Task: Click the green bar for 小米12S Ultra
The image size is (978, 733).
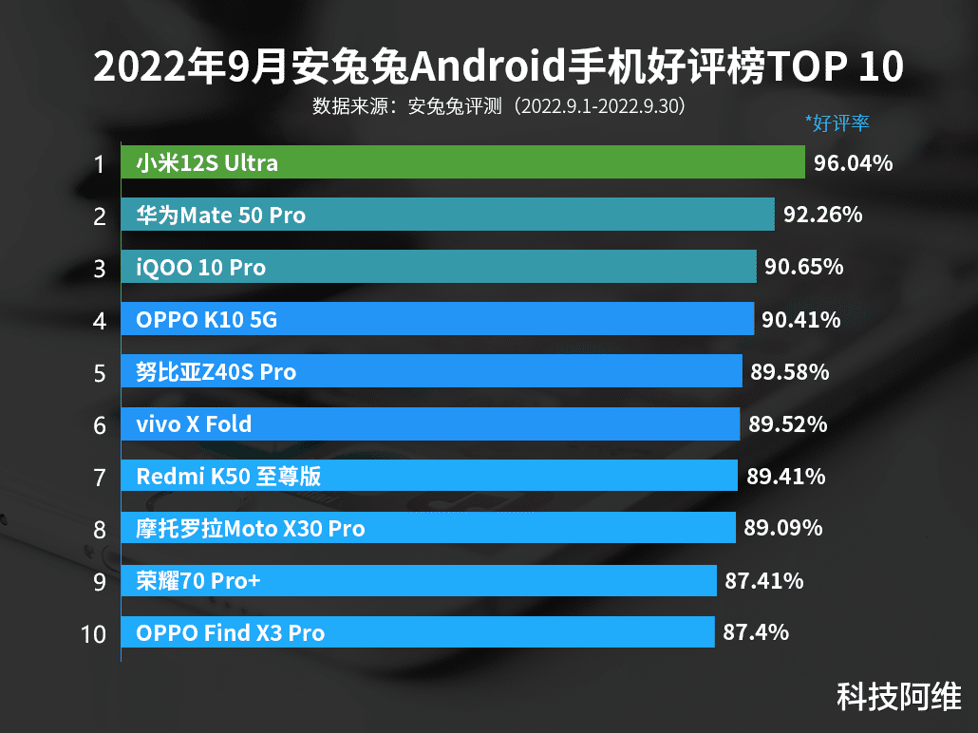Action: click(x=462, y=163)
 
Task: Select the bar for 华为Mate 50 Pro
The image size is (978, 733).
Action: click(x=447, y=216)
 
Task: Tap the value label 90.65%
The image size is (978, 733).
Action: click(x=804, y=268)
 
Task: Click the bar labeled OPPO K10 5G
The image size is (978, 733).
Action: click(x=437, y=320)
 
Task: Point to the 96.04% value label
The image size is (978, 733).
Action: click(x=853, y=163)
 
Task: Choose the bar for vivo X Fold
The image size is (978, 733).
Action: click(x=430, y=423)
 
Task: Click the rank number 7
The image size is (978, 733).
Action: click(x=100, y=477)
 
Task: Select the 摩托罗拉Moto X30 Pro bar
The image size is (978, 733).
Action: click(x=427, y=528)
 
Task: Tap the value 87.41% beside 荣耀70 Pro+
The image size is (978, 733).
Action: click(x=763, y=580)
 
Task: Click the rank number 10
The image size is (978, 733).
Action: click(x=94, y=633)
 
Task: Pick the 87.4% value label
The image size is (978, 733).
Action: click(x=756, y=631)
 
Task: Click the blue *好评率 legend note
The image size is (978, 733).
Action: click(x=837, y=122)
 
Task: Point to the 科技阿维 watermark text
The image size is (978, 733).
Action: click(x=898, y=696)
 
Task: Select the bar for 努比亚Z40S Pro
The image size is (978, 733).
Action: click(x=431, y=372)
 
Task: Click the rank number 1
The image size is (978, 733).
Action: click(x=99, y=164)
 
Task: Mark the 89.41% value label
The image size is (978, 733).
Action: click(x=785, y=476)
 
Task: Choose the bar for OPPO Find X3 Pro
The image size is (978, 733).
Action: click(x=418, y=632)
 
